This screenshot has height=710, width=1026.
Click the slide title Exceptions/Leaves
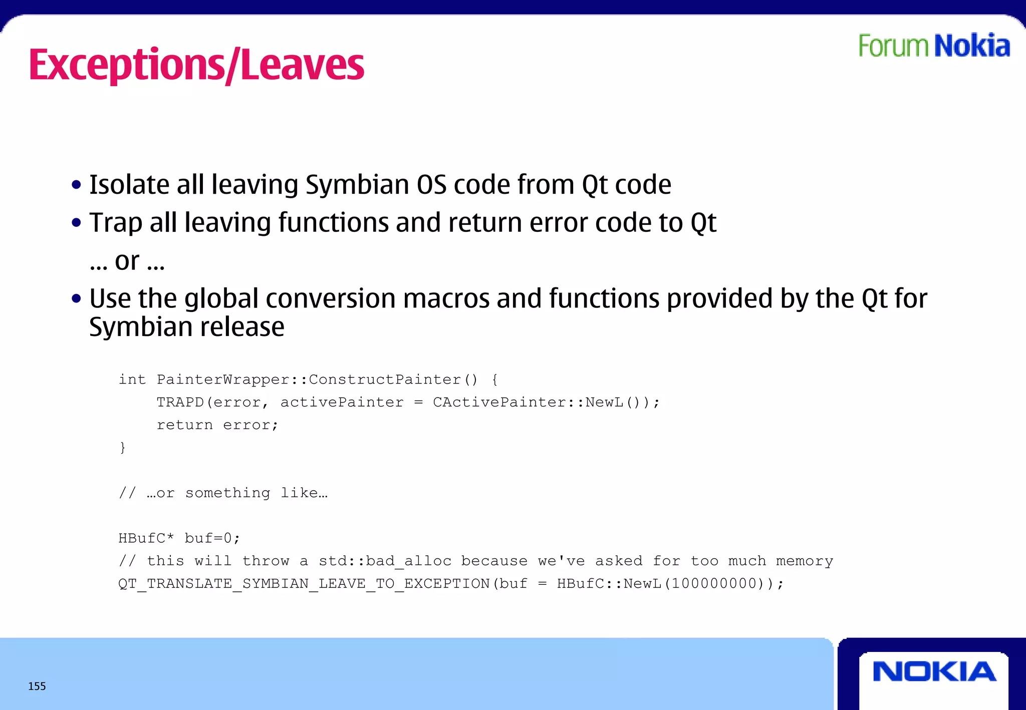[196, 65]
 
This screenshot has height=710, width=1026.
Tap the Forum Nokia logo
[934, 46]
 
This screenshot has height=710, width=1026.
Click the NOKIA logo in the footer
[934, 672]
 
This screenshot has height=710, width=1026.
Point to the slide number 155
[37, 686]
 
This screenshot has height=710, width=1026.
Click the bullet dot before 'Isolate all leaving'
[76, 185]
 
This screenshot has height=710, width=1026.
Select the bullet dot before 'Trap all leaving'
[76, 223]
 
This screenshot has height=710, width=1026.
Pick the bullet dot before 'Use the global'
[76, 299]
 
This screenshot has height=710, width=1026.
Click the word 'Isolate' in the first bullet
[129, 185]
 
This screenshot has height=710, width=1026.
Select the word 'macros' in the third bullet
[446, 299]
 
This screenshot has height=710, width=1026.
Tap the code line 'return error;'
[217, 425]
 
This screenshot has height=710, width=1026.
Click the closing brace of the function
[123, 447]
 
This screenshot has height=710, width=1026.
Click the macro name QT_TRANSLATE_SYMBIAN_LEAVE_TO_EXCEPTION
[304, 584]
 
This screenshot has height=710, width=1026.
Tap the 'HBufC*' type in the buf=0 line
[146, 538]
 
